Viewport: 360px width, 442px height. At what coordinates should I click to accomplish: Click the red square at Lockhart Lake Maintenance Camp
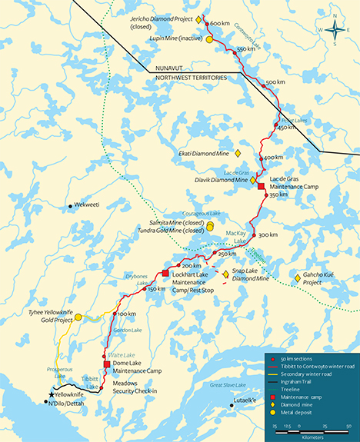click(x=165, y=273)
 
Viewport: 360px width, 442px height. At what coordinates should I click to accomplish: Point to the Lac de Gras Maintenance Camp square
click(x=261, y=187)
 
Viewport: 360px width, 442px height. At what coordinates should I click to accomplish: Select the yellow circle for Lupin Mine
click(x=209, y=39)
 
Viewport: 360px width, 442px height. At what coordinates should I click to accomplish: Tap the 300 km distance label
click(x=268, y=234)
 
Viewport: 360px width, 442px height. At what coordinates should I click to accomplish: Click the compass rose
click(x=335, y=30)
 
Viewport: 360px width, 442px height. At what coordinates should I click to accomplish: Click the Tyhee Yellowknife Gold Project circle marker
click(x=78, y=317)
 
